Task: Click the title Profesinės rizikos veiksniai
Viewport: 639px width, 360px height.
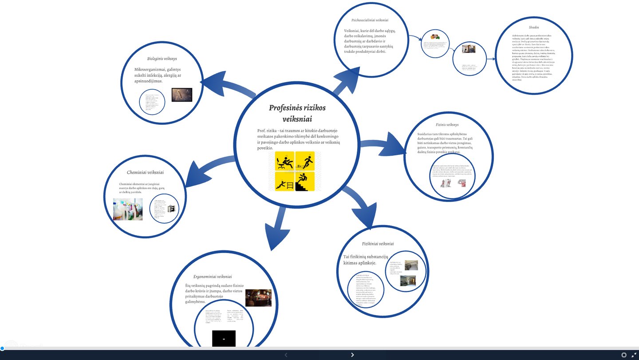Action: pos(297,113)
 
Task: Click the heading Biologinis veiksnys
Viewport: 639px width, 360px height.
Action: pos(162,59)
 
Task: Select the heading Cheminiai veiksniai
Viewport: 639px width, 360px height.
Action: pos(145,172)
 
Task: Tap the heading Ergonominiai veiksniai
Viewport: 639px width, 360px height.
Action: pos(213,277)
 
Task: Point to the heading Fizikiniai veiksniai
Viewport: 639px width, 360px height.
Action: pos(378,243)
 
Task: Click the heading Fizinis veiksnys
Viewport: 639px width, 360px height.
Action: pos(447,125)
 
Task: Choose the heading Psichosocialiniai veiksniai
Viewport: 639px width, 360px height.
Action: pos(370,20)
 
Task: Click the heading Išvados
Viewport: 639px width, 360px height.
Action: pos(533,28)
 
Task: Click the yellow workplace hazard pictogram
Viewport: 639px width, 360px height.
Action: pos(295,171)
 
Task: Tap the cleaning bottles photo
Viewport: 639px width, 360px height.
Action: pos(128,209)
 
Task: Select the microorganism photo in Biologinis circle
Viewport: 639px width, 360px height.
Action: pos(182,95)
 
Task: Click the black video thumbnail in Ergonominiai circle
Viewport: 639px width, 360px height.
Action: pos(224,339)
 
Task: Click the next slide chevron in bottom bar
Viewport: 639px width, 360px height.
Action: pos(352,355)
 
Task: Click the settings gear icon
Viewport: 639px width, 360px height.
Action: pos(624,355)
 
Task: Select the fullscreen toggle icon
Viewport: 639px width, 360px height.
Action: pos(634,355)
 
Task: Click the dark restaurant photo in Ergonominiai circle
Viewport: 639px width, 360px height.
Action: pos(258,298)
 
